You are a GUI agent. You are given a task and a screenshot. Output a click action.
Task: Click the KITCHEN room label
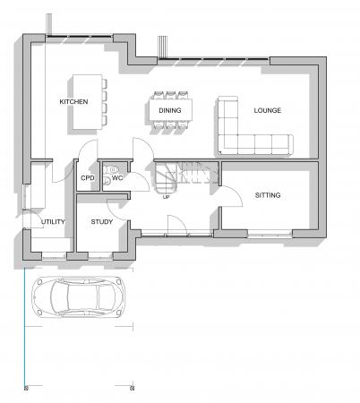point(73,102)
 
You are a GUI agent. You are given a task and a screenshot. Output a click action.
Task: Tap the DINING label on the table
point(170,110)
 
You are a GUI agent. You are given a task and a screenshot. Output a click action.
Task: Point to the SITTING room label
point(267,194)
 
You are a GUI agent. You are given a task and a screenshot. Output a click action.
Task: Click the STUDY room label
point(101,220)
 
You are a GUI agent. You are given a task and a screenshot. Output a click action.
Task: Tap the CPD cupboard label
point(88,178)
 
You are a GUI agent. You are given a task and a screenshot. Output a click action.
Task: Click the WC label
point(117,177)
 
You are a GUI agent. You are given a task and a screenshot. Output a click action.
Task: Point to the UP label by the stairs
point(167,197)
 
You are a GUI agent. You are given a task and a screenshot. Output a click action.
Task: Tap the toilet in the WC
point(108,180)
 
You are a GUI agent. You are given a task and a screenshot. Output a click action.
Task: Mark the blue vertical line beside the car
point(25,331)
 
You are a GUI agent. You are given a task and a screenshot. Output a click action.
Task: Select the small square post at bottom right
point(136,389)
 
